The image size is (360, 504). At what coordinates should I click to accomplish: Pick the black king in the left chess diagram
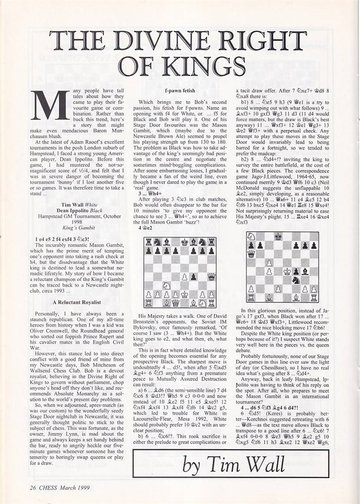point(184,241)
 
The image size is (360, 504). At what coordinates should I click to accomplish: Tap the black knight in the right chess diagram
point(296,280)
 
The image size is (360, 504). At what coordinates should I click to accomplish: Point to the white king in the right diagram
point(287,271)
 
